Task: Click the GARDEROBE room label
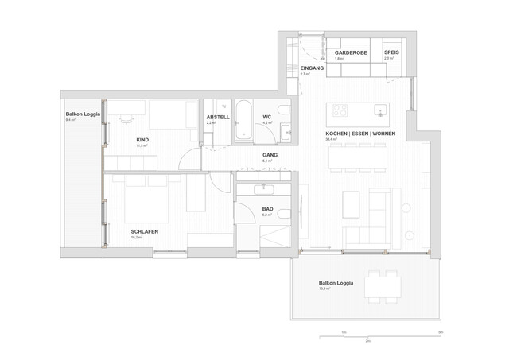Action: point(351,52)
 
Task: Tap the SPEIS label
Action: point(391,52)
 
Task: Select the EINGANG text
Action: point(312,69)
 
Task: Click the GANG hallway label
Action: point(269,154)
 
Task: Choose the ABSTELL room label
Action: point(218,117)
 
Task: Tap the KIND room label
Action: point(143,140)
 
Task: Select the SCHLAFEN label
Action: point(144,231)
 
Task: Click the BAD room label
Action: point(268,209)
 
